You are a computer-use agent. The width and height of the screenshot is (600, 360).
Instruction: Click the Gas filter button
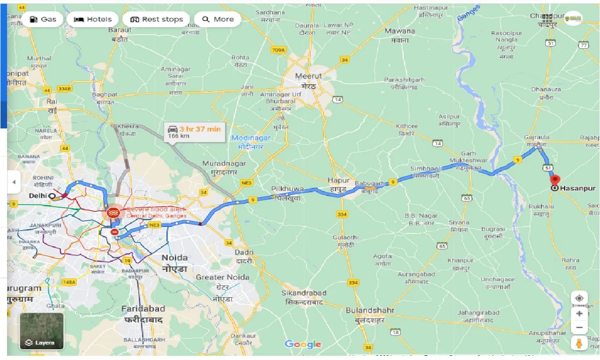coord(43,19)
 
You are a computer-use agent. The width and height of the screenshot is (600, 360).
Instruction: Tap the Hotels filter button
coord(93,19)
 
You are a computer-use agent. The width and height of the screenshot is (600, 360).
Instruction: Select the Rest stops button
coord(156,19)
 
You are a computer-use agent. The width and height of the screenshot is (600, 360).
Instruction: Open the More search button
coord(217,19)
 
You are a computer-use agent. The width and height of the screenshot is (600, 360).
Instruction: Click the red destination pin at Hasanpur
coord(555,180)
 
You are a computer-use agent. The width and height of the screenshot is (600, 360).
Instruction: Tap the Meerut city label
coord(308,76)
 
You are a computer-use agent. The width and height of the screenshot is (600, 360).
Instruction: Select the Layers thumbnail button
coord(41,331)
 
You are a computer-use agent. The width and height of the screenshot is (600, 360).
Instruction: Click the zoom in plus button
coord(579,314)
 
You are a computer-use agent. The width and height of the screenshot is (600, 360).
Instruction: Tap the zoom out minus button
coord(579,328)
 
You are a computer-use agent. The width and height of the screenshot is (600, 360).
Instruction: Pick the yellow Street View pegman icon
coord(579,344)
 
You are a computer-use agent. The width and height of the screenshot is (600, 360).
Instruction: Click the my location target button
coord(579,299)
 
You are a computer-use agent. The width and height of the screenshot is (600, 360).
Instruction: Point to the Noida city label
coord(174,258)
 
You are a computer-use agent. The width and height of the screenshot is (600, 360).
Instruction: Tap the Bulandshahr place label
coord(370,310)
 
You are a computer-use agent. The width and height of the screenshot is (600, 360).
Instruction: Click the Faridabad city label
coord(143,309)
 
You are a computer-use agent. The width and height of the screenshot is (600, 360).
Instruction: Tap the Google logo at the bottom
coord(303,345)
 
